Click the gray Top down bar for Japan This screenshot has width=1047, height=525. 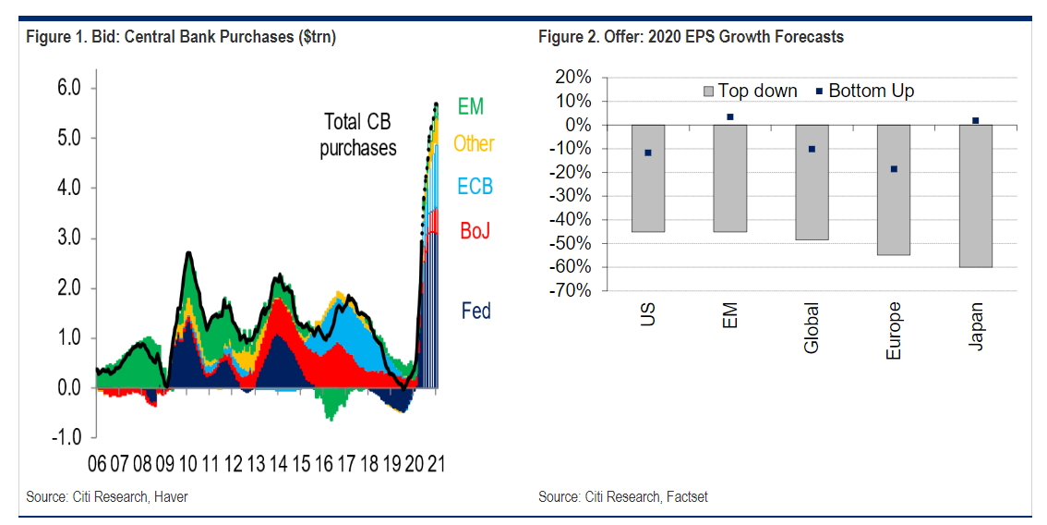coord(975,196)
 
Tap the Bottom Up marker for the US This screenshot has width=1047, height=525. coord(648,153)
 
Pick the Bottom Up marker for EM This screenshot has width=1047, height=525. coord(729,116)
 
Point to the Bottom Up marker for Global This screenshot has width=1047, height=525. coord(812,149)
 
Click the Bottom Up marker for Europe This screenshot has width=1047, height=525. coord(894,169)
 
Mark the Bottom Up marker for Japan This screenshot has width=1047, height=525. coord(975,120)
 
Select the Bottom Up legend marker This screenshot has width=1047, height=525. coord(818,91)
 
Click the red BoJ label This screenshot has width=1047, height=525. coord(475,230)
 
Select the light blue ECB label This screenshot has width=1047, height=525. coord(475,187)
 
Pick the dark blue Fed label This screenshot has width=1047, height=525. coord(475,311)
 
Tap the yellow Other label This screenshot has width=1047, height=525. coord(474,143)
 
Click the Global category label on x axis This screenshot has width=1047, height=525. coord(812,330)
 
